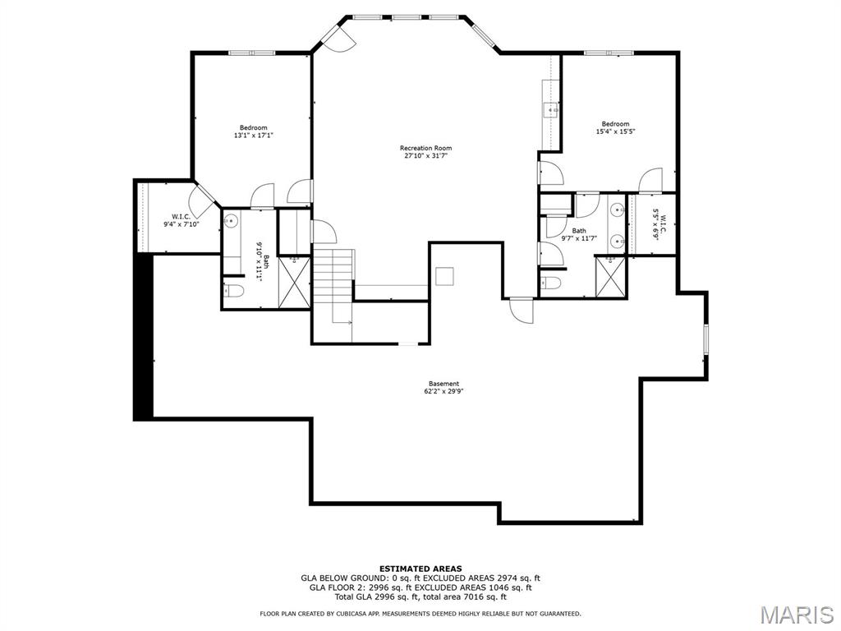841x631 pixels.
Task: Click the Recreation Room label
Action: pos(426,148)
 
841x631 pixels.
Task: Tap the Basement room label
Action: pos(443,384)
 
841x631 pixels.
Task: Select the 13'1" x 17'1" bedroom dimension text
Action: pos(254,136)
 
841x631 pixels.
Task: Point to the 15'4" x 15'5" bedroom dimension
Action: pos(616,131)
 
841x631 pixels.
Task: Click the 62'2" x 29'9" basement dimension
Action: pos(443,392)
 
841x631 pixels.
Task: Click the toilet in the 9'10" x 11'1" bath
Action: pos(234,292)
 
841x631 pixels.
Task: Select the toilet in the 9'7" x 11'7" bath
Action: pos(551,283)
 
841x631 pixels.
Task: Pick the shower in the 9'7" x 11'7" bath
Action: pos(610,277)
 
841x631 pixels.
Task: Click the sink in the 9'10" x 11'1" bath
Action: pos(231,220)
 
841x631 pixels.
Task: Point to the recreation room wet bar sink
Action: pos(551,111)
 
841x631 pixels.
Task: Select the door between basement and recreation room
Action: pos(522,310)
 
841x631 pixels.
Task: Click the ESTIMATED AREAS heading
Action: pos(420,569)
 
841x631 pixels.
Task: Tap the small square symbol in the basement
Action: pos(444,276)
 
